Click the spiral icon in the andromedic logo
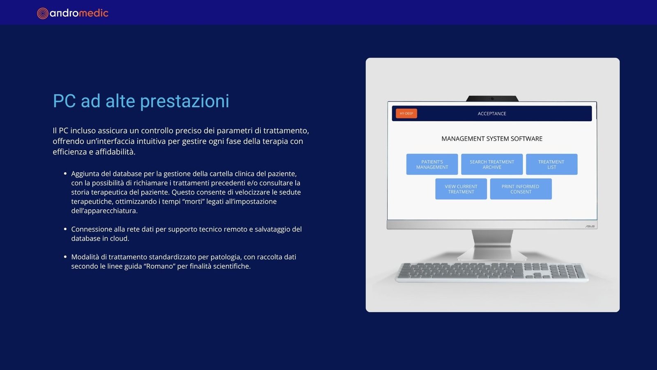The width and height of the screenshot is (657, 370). click(x=43, y=13)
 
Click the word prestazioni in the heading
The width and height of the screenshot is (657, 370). click(x=184, y=102)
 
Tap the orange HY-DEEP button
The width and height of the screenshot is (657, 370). click(x=406, y=113)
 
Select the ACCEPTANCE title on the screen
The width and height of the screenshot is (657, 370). click(x=492, y=113)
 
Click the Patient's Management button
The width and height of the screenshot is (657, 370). click(x=432, y=164)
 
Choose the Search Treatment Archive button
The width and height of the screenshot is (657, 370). click(x=492, y=164)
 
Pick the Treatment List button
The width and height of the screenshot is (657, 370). click(x=552, y=164)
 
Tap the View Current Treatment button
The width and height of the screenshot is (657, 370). click(x=461, y=189)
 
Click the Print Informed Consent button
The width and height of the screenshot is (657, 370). click(x=521, y=189)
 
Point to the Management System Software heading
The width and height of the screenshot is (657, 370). click(x=492, y=139)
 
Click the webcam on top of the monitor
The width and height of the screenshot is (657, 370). click(x=492, y=99)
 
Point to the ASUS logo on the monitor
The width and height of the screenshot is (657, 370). click(x=590, y=226)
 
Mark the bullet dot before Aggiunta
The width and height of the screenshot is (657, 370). click(x=65, y=173)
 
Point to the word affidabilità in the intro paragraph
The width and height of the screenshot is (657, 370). click(x=115, y=152)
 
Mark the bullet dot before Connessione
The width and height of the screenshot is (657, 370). click(x=65, y=229)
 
